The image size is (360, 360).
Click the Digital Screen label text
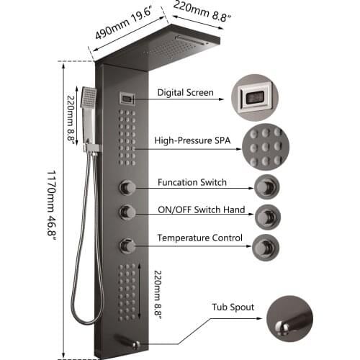(x=185, y=93)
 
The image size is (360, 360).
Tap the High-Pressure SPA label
(x=192, y=140)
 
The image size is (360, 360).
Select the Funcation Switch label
(x=192, y=182)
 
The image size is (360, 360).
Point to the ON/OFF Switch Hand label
(x=202, y=210)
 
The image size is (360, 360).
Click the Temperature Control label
(x=200, y=238)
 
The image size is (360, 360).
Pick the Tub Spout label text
(x=233, y=307)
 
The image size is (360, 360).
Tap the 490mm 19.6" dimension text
(x=124, y=24)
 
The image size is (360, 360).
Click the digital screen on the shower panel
(x=126, y=99)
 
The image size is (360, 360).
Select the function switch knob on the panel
(x=127, y=187)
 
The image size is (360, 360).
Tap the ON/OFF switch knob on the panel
(x=127, y=212)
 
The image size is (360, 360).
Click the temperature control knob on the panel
(x=127, y=246)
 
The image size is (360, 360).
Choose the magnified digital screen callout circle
(x=255, y=98)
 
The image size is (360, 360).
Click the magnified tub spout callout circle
(x=289, y=319)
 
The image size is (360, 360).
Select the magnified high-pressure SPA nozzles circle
(x=266, y=147)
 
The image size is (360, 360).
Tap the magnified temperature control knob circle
(x=266, y=248)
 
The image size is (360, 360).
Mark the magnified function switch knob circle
(x=266, y=187)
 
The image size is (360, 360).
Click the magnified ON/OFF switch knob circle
(x=267, y=217)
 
